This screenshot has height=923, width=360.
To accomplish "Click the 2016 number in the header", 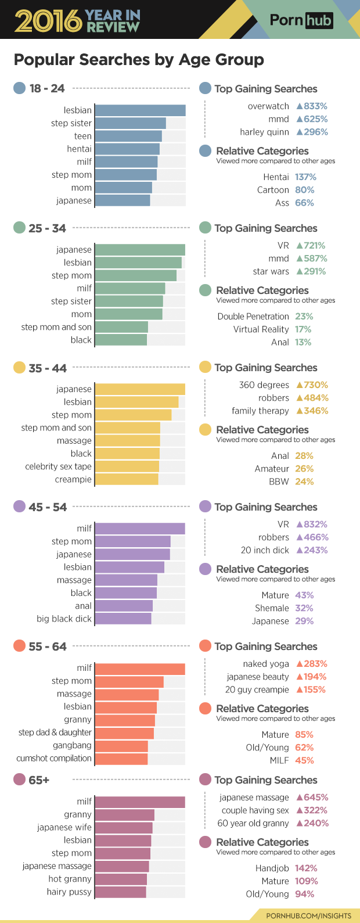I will coord(48,21).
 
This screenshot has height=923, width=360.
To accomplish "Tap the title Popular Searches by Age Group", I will coord(139,60).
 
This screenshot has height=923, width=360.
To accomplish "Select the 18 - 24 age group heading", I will coord(46,88).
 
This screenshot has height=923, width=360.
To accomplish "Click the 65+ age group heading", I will coord(39,780).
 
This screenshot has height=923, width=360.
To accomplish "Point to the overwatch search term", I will coord(268,106).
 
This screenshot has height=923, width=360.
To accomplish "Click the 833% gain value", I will coord(312,106).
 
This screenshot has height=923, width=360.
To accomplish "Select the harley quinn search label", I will coord(264,132).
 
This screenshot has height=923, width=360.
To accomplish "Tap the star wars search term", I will coord(271,271).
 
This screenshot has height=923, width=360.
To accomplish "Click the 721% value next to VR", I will coord(311,246).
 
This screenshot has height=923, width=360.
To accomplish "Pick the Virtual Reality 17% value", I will coord(303,329).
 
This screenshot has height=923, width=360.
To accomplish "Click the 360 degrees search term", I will coord(264,385).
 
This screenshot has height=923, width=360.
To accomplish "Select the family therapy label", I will coord(260,411).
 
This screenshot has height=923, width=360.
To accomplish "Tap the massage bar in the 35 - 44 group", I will coord(127,441).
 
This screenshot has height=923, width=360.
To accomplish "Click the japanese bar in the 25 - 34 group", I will coord(139,250).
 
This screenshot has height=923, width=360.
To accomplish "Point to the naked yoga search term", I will coord(265,664).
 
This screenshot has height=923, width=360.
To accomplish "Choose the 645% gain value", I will coord(312,798).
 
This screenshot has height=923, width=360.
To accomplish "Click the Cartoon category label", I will coord(273,190).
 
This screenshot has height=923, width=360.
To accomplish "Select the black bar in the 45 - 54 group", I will coord(125,593).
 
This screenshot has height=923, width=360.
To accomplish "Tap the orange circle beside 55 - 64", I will coord(19,647).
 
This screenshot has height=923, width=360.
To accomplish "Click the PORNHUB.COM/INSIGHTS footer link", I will coord(308,915).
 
